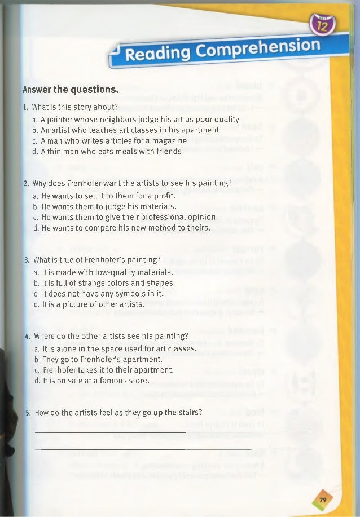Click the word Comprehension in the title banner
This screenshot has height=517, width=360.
click(x=263, y=48)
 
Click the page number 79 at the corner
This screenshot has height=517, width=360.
click(x=323, y=499)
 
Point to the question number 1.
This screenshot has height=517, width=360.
click(x=25, y=107)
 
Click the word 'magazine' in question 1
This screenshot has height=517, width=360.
click(x=168, y=140)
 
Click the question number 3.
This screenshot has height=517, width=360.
click(x=27, y=260)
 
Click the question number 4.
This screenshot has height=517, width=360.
click(x=27, y=337)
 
